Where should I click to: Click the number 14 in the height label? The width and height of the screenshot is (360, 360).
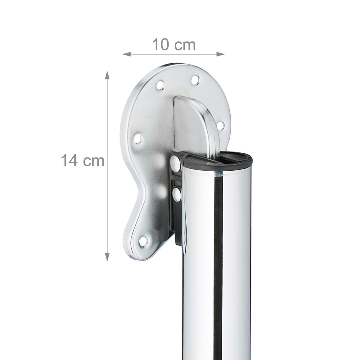(69, 160)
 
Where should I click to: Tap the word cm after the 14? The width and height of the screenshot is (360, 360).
(94, 162)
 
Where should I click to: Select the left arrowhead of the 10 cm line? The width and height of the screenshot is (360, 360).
(126, 54)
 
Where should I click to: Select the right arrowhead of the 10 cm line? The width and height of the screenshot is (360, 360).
(220, 54)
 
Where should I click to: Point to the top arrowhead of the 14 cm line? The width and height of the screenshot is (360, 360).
(107, 75)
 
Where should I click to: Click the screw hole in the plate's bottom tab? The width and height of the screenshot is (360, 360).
(143, 241)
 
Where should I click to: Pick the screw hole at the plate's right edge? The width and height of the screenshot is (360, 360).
(221, 126)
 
